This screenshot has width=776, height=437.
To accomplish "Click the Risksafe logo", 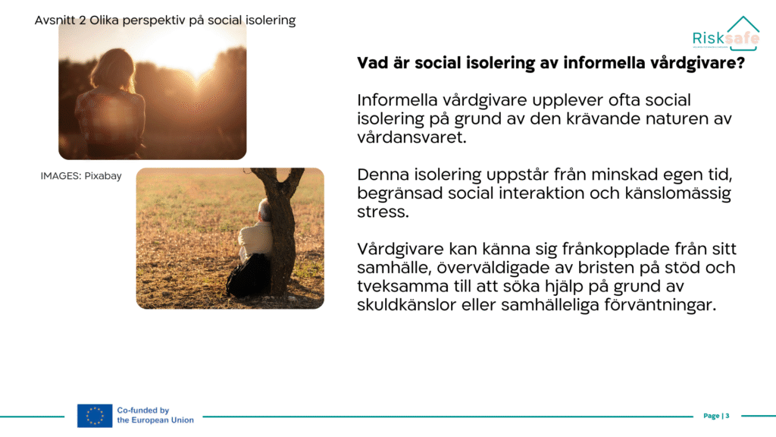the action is pyautogui.click(x=726, y=33).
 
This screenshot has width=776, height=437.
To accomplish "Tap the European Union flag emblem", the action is pyautogui.click(x=95, y=416).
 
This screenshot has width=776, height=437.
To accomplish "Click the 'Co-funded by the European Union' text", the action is pyautogui.click(x=155, y=415).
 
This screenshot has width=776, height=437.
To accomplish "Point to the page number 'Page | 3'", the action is pyautogui.click(x=716, y=416).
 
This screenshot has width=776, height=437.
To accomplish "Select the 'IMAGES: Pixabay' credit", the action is pyautogui.click(x=81, y=176).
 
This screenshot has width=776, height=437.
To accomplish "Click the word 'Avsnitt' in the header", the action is pyautogui.click(x=55, y=20).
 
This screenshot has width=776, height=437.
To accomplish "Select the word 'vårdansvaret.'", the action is pyautogui.click(x=411, y=137).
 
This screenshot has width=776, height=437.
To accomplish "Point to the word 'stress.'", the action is pyautogui.click(x=383, y=212).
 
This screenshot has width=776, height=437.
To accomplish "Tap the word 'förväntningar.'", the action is pyautogui.click(x=660, y=305).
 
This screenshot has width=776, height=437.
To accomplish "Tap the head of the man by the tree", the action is pyautogui.click(x=264, y=210).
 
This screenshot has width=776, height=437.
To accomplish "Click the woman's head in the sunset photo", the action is pyautogui.click(x=115, y=70).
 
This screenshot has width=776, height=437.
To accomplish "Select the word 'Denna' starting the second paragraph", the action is pyautogui.click(x=383, y=175).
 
